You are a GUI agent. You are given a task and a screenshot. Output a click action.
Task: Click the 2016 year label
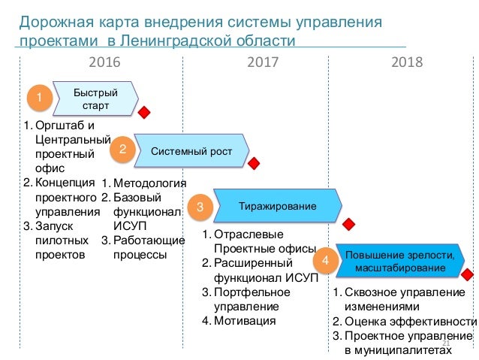pos(104,62)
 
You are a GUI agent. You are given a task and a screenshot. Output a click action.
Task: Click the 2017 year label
pos(263,62)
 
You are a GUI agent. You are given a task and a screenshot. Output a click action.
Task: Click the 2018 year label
pos(407,62)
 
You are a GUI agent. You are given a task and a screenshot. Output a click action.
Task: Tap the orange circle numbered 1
pos(39,98)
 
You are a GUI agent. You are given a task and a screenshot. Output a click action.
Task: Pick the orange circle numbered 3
pos(200,206)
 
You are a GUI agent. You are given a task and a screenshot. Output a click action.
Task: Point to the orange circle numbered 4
pos(325,261)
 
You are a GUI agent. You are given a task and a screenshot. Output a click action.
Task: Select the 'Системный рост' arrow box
pos(191,152)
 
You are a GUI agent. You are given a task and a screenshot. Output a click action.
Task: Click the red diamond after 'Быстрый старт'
pos(144,112)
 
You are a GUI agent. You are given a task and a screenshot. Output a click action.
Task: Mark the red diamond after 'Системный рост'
pos(255,163)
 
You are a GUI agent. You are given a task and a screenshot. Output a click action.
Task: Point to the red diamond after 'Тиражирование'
pos(348,224)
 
